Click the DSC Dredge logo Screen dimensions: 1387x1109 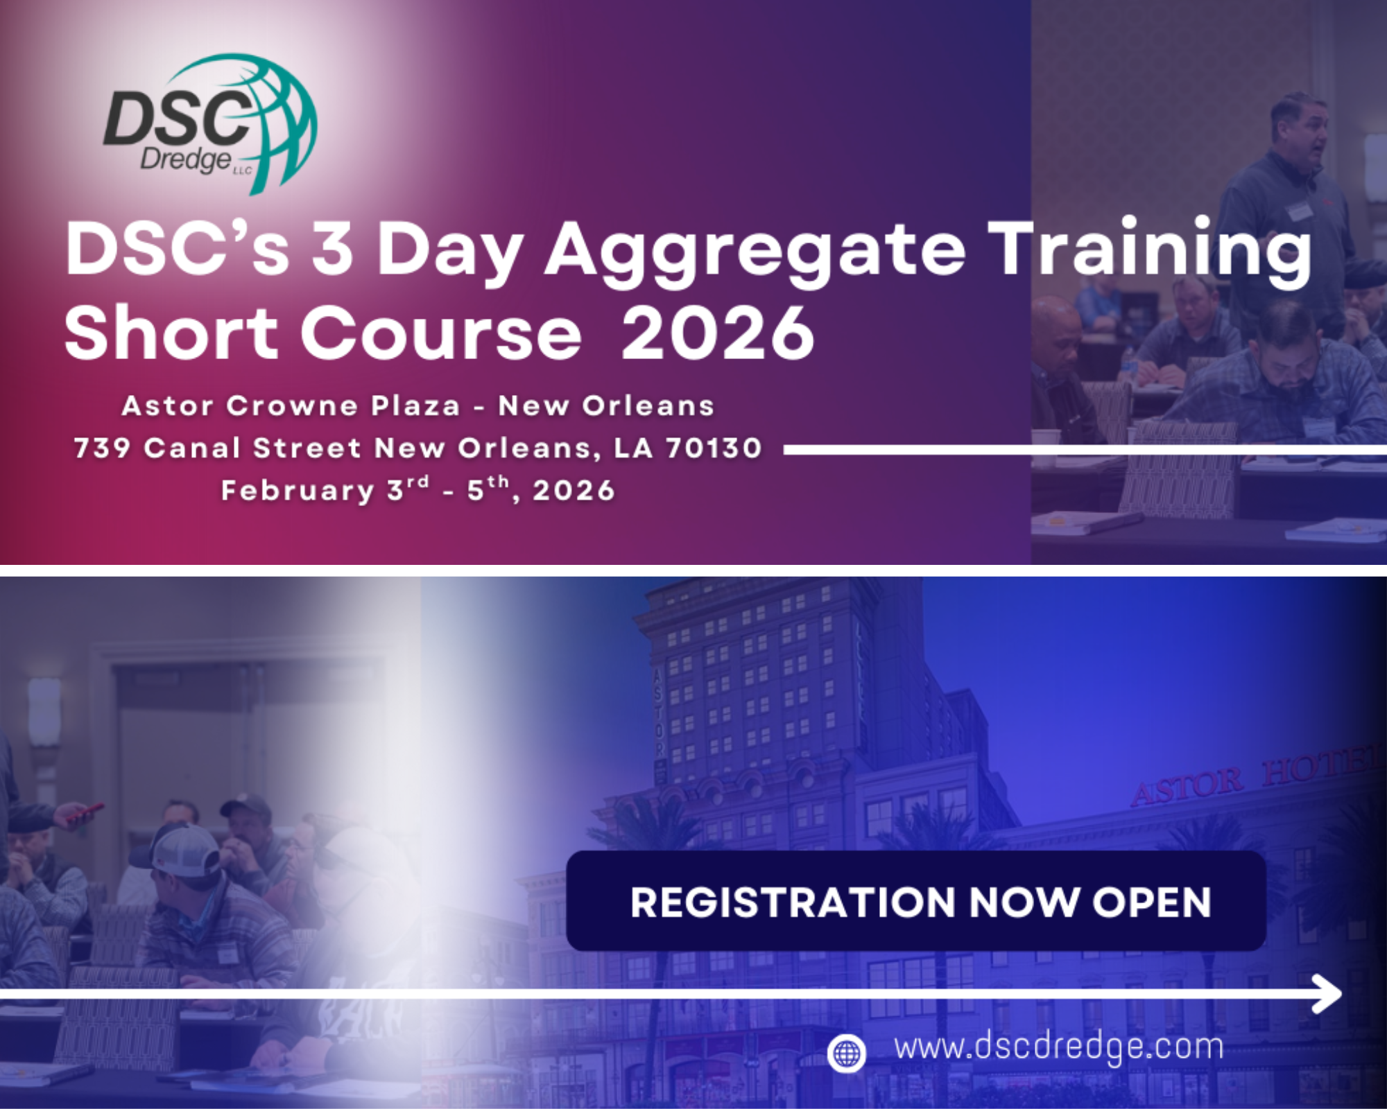[x=210, y=123]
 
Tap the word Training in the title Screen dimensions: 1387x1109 [x=1151, y=251]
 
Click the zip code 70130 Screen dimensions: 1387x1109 [x=714, y=448]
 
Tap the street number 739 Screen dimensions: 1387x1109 [x=103, y=448]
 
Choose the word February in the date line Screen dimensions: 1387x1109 [x=298, y=491]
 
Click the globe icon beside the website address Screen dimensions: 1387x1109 [x=846, y=1054]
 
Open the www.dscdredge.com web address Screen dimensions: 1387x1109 [x=1058, y=1047]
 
